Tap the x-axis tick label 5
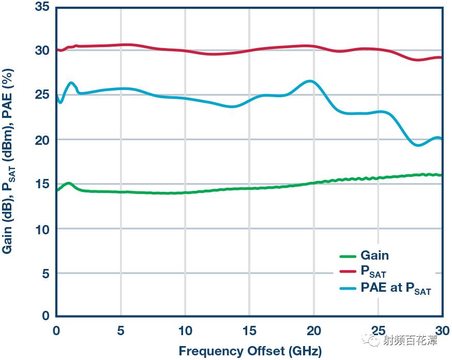[120, 330]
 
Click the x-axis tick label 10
[185, 330]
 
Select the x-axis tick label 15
[249, 330]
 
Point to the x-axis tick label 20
[313, 330]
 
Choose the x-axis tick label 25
[378, 330]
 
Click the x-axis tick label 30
[441, 330]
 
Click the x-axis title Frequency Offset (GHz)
[250, 351]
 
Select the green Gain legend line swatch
[348, 256]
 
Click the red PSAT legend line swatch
[348, 271]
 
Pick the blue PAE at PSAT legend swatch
[348, 288]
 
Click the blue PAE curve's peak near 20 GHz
[310, 81]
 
